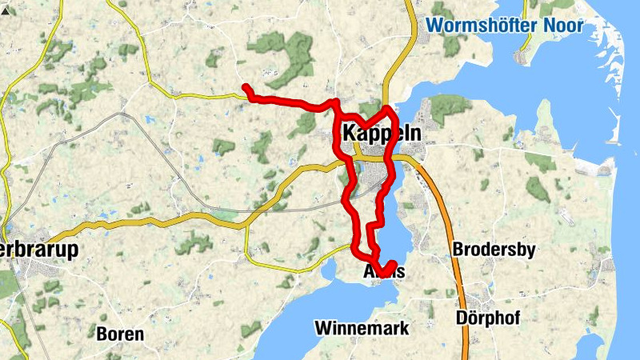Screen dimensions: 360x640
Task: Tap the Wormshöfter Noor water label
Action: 504,25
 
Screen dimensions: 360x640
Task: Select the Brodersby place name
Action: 494,250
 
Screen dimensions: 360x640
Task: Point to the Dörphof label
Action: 488,318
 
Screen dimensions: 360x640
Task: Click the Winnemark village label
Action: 362,328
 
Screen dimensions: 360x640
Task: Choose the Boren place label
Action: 120,334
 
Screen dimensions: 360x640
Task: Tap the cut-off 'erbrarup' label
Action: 40,250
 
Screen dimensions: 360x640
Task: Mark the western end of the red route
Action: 246,87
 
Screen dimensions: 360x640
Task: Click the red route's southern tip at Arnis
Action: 393,264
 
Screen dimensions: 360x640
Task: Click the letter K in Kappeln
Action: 349,134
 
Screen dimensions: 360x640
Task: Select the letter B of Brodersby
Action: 458,250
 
